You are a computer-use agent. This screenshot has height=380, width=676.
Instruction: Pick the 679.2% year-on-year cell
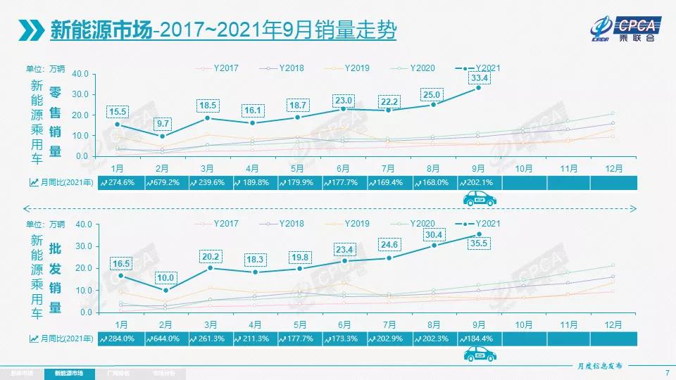pyautogui.click(x=165, y=182)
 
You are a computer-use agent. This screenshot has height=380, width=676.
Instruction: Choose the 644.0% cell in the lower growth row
pyautogui.click(x=165, y=338)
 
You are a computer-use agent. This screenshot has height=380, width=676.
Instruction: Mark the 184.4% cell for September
pyautogui.click(x=480, y=338)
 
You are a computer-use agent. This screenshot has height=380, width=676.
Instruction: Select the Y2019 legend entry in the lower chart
pyautogui.click(x=355, y=223)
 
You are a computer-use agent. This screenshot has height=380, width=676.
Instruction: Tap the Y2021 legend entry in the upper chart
pyautogui.click(x=486, y=68)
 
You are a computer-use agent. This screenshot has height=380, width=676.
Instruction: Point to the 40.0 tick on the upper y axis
pyautogui.click(x=80, y=73)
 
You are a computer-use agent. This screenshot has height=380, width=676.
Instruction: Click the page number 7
pyautogui.click(x=666, y=372)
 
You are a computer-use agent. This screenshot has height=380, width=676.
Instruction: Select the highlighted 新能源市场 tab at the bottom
pyautogui.click(x=68, y=372)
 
